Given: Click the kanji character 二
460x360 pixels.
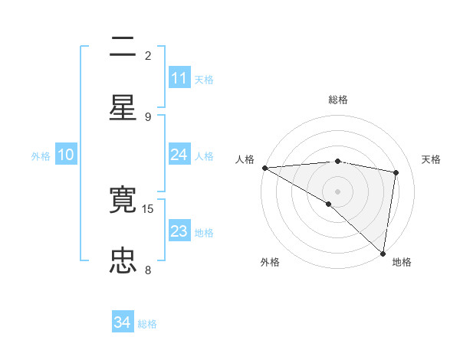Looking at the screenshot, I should [123, 48].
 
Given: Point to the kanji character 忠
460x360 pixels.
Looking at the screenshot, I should [123, 260].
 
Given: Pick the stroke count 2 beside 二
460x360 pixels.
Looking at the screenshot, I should [148, 55].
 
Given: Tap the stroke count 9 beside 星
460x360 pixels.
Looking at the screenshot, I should [148, 116].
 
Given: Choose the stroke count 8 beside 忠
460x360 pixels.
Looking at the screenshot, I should [148, 270].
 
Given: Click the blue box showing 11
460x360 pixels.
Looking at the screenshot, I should [179, 78].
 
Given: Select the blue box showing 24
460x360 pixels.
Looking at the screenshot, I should [179, 155].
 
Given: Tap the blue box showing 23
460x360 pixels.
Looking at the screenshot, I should [179, 231].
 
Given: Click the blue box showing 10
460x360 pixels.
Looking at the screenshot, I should [66, 155].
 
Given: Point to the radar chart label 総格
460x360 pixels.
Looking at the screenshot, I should [338, 100].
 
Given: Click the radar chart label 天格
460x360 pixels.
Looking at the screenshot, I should [432, 159].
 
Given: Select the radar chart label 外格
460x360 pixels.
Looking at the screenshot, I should [270, 262].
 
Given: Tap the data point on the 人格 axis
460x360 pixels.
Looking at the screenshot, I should [264, 168].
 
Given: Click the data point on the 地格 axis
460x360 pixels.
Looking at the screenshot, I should [383, 253].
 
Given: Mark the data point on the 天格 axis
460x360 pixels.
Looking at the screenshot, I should [396, 172].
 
